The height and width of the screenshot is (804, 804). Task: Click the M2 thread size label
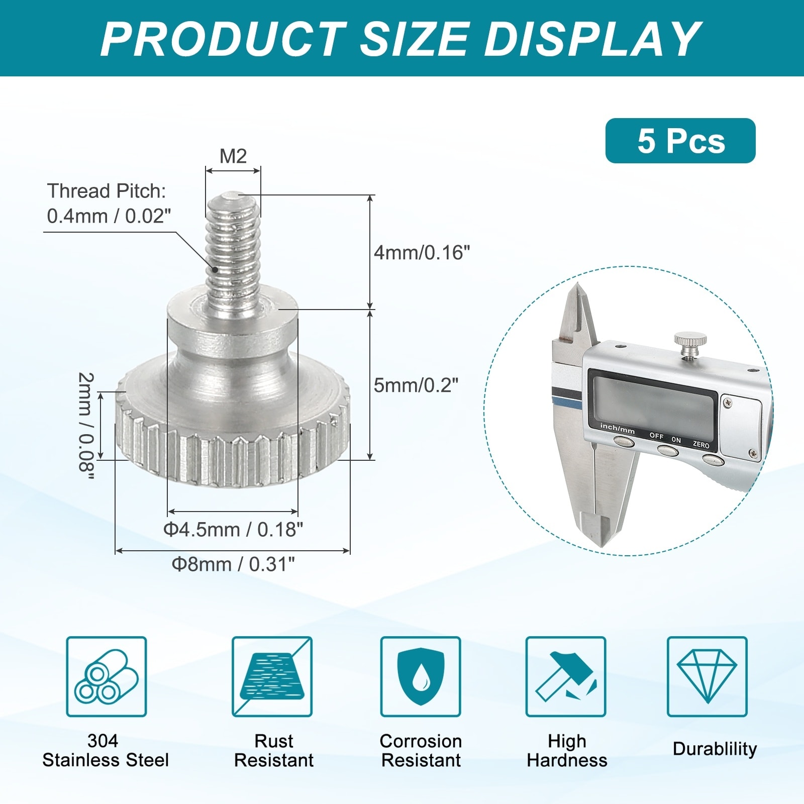click(x=233, y=156)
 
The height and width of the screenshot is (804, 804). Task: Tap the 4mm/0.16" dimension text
click(x=422, y=252)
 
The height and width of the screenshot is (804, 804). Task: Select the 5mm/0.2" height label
click(x=416, y=385)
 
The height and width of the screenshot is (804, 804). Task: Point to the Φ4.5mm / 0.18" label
click(x=233, y=529)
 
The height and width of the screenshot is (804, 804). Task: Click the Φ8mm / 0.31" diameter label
click(x=233, y=564)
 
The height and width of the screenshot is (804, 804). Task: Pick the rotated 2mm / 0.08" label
click(x=86, y=426)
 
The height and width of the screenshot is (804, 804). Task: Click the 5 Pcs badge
click(x=680, y=141)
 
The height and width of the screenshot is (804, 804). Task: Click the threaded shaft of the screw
click(x=233, y=246)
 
